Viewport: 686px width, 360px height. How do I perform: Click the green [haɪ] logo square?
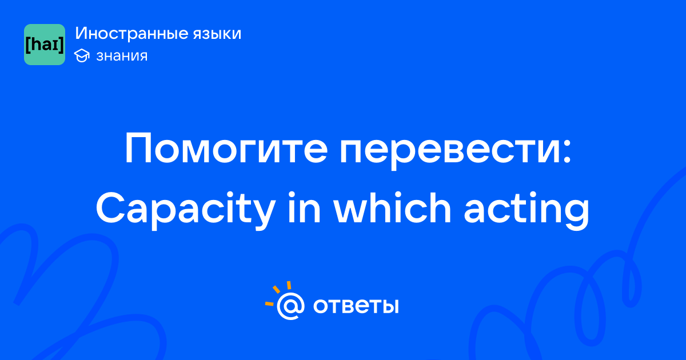click(45, 45)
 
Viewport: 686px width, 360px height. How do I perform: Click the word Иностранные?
click(131, 34)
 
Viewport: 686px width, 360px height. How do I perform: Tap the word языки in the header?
click(217, 34)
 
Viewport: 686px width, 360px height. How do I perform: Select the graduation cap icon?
click(82, 55)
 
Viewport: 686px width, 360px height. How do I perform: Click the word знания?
click(122, 56)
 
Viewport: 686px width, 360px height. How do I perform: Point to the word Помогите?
click(226, 148)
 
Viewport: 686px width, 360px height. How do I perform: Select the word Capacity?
click(186, 209)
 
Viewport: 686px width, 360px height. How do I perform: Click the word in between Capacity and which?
click(304, 207)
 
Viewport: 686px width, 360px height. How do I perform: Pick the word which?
click(392, 207)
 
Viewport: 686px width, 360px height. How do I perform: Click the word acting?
click(527, 210)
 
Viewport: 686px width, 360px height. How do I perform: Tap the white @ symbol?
click(290, 306)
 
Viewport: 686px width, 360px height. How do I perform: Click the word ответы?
click(356, 306)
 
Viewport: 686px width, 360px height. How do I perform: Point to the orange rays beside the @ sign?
click(278, 293)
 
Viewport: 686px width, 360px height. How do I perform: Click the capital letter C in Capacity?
click(110, 207)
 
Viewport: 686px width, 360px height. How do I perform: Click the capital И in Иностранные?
click(82, 34)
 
